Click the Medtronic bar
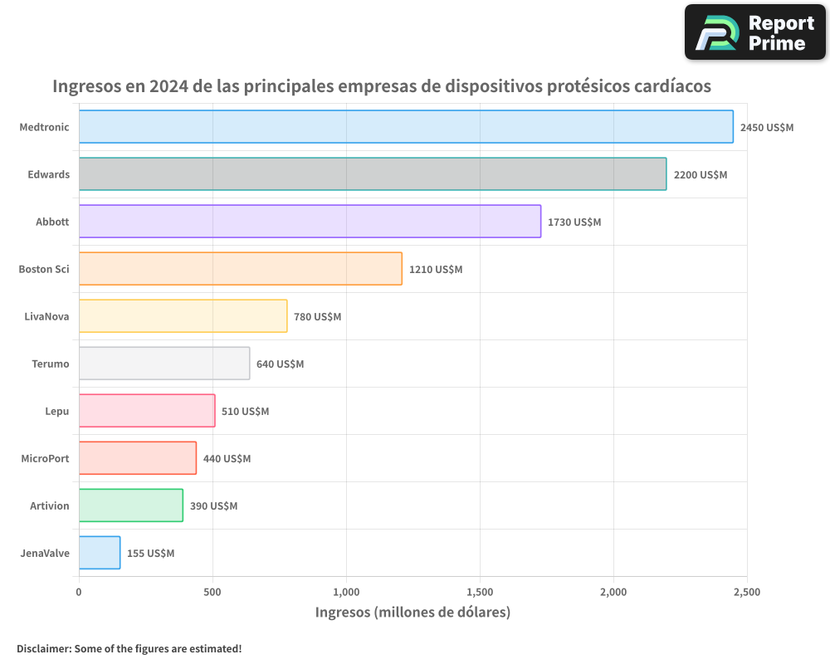[x=406, y=127]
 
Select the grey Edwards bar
[x=373, y=174]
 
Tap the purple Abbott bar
[x=310, y=222]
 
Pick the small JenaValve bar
[x=100, y=553]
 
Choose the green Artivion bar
[x=131, y=505]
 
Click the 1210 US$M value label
[x=436, y=270]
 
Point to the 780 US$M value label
[x=317, y=317]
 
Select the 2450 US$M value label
[x=767, y=128]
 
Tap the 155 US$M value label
[x=150, y=554]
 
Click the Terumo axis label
[x=51, y=364]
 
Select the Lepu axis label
[x=57, y=411]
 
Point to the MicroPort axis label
[x=46, y=458]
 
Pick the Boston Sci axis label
[x=44, y=269]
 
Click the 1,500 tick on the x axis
[x=480, y=593]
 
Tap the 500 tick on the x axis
[x=212, y=593]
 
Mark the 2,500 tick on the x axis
[x=747, y=593]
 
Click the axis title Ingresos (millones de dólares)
[x=413, y=613]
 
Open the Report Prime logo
[x=754, y=32]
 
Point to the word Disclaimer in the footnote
[x=43, y=648]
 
